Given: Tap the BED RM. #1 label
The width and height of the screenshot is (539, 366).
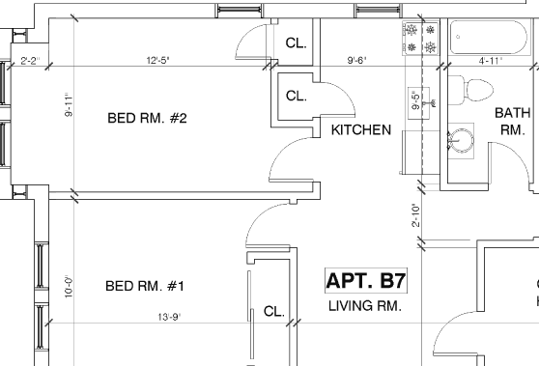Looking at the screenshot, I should coord(144,287).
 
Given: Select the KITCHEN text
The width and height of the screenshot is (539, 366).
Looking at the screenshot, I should coord(360,130).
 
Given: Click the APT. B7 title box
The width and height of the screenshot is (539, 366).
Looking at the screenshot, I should coord(364,282).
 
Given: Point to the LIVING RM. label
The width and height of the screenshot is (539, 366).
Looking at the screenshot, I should coord(364,307).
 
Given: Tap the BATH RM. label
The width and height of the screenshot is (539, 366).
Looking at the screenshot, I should coord(512,121).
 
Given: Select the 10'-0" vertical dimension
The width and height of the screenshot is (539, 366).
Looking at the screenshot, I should coord(68,288).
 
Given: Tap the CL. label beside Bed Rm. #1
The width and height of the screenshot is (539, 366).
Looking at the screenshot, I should coord(274,312).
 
